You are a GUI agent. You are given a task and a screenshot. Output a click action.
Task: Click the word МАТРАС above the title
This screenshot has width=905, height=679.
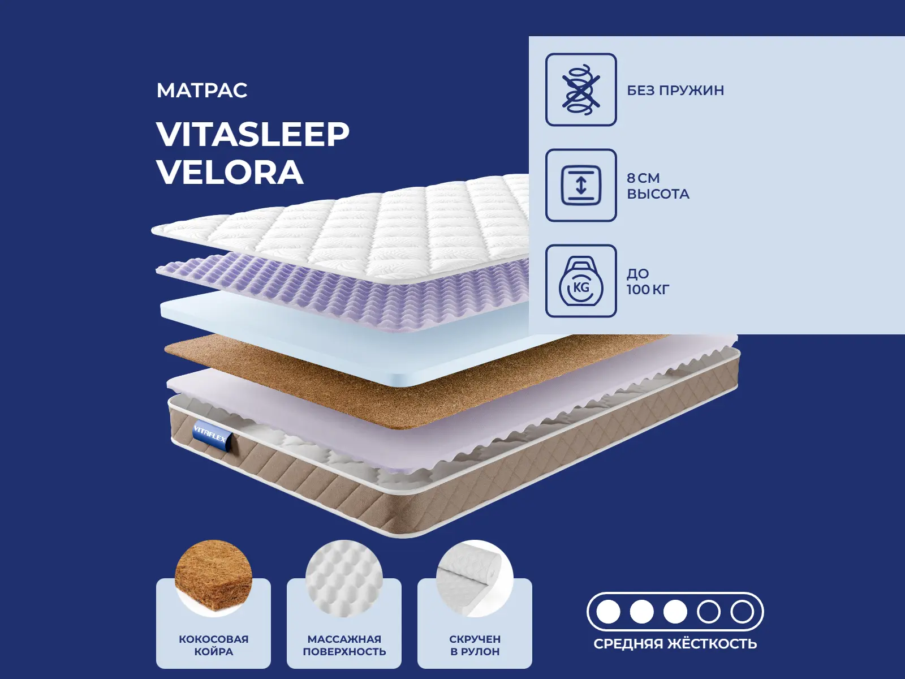(x=202, y=91)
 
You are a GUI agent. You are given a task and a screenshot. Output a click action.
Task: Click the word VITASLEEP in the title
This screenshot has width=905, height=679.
(x=253, y=134)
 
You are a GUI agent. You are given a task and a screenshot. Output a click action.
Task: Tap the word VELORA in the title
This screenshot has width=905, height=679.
(x=230, y=172)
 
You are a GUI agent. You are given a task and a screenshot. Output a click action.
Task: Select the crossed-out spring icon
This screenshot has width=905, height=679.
(x=581, y=89)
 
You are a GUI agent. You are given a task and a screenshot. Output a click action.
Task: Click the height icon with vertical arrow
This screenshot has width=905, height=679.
(x=581, y=186)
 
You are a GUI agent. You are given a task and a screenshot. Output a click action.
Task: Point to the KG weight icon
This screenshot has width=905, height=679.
(x=581, y=281)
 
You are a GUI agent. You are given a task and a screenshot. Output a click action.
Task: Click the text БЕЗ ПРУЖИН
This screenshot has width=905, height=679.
(x=675, y=91)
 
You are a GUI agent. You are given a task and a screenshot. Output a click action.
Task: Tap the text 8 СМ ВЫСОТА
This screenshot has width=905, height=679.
(x=658, y=186)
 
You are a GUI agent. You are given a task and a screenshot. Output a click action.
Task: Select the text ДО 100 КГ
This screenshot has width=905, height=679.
(x=648, y=282)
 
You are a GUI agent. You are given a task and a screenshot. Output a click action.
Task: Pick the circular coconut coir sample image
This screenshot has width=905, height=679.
(x=214, y=578)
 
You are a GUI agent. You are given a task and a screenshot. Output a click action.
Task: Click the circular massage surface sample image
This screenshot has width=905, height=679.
(x=344, y=578)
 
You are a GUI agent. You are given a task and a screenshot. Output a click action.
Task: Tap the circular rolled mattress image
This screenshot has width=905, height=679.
(x=475, y=578)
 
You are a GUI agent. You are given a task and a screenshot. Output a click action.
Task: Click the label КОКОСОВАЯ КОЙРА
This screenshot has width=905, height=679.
(x=214, y=646)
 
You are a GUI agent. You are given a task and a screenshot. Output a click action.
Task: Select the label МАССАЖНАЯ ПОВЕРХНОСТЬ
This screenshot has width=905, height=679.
(x=344, y=646)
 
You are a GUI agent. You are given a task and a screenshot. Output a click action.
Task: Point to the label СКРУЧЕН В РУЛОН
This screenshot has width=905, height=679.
(x=475, y=646)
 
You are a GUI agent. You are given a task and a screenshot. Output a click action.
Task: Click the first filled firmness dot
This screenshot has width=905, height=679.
(x=608, y=612)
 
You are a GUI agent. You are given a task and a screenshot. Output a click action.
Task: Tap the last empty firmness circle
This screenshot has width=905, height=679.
(x=742, y=612)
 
